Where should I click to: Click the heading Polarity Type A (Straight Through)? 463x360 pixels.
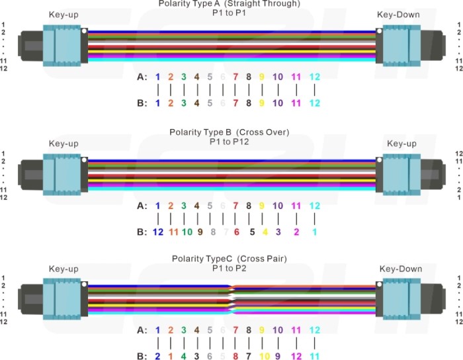tap(229, 4)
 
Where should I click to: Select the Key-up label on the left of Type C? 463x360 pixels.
tap(63, 269)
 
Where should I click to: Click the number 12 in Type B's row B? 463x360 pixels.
tap(157, 232)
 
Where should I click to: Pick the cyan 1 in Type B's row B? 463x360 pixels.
tap(314, 232)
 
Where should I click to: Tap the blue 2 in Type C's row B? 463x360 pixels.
tap(157, 356)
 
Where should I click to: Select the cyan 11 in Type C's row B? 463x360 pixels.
tap(315, 356)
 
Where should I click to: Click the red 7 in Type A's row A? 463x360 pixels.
tap(235, 77)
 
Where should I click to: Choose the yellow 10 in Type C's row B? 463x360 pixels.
tap(263, 356)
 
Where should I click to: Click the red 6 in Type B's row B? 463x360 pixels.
tap(235, 232)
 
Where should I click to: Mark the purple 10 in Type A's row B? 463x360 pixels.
tap(278, 103)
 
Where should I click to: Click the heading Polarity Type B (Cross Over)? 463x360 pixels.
tap(229, 132)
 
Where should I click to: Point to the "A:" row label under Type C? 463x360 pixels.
tap(142, 330)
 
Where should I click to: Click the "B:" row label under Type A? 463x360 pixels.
tap(142, 103)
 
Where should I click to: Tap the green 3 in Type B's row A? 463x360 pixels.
tap(184, 206)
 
